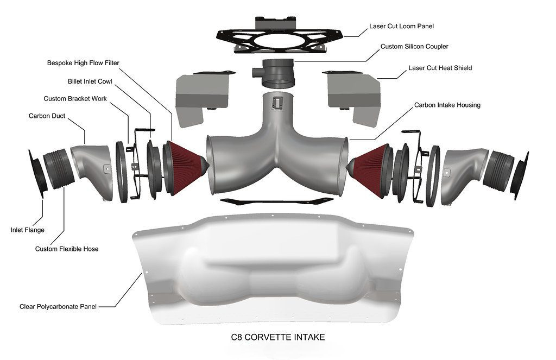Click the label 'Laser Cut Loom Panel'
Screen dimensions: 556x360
401,26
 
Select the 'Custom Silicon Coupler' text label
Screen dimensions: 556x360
414,47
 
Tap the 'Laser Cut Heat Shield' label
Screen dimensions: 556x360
440,68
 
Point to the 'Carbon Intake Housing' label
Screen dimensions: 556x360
447,105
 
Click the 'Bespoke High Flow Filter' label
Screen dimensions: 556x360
83,63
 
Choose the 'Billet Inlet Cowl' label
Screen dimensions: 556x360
90,81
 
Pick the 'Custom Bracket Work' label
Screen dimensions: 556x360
75,99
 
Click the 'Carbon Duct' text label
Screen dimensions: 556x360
47,116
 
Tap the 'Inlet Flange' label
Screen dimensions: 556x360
27,230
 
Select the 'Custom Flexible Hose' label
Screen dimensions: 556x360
67,249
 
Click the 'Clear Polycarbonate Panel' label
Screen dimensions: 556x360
58,306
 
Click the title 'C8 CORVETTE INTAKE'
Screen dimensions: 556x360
277,337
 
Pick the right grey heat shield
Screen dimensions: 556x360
353,98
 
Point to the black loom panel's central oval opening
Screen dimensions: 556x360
279,40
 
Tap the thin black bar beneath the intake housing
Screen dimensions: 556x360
276,201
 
